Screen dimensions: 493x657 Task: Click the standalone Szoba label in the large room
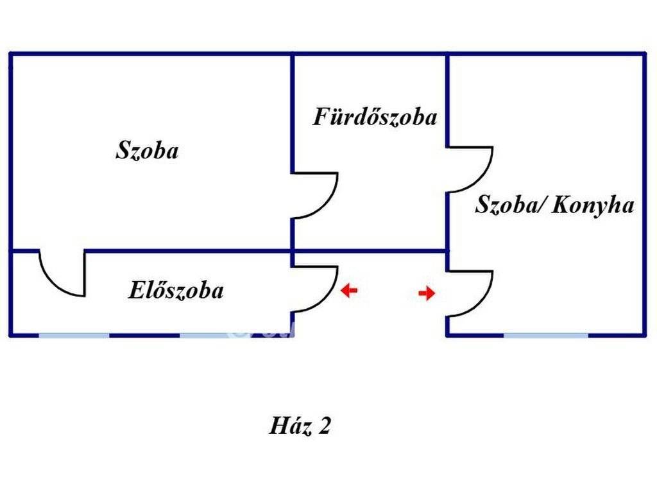147,151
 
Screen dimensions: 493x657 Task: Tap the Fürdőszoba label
375,117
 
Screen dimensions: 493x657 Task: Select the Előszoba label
176,290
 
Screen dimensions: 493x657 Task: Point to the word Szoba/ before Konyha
509,205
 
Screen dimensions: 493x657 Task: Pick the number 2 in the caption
324,426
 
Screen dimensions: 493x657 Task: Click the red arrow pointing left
348,291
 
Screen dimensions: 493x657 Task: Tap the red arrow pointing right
427,293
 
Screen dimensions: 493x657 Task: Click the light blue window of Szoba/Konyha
545,335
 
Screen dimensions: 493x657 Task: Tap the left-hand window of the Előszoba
74,335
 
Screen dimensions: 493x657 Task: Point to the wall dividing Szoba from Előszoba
186,250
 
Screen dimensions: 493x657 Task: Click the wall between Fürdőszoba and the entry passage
370,250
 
